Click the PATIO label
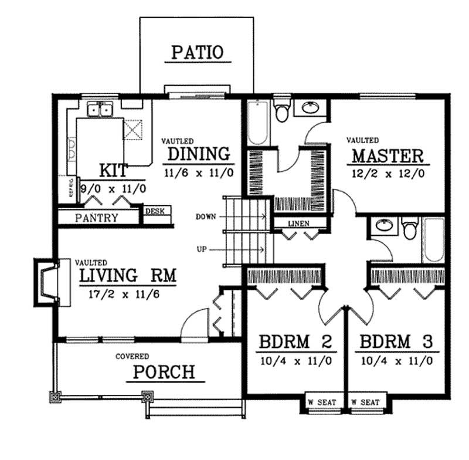tap(197, 52)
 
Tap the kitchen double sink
tap(100, 110)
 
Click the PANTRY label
tap(97, 218)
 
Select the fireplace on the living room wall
tap(47, 282)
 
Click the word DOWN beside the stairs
tap(206, 217)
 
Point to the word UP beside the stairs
tap(202, 249)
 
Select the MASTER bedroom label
tap(387, 156)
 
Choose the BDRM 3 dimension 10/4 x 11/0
tap(397, 361)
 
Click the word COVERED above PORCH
tap(131, 356)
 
